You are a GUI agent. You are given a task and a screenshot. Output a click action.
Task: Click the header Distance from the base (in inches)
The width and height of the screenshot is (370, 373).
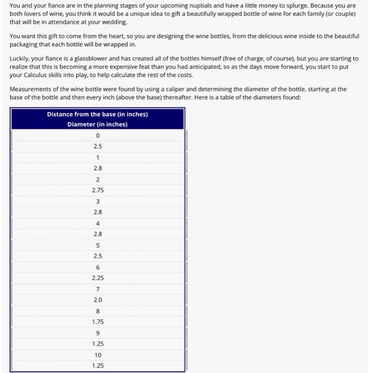click(98, 115)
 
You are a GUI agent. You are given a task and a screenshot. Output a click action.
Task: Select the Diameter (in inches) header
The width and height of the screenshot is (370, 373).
click(98, 124)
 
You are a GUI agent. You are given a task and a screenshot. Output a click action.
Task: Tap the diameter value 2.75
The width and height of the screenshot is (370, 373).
click(98, 190)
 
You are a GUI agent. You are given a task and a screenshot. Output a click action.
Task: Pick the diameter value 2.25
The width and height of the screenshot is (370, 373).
click(98, 278)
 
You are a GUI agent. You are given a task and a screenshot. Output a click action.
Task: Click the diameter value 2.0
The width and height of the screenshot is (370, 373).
click(98, 300)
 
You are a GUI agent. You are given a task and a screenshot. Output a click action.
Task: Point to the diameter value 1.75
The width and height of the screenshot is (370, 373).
click(98, 322)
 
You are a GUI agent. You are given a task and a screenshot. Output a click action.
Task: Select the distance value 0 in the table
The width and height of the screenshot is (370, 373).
click(98, 135)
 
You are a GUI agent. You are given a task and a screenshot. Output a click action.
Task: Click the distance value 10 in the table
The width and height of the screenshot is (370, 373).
click(98, 355)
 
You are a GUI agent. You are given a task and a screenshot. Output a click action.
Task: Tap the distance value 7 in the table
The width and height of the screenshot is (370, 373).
click(98, 289)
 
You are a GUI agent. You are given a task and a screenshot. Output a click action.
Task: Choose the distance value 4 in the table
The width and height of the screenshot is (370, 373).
click(98, 223)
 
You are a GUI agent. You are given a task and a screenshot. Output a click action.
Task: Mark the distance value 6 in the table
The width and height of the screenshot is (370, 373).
click(98, 267)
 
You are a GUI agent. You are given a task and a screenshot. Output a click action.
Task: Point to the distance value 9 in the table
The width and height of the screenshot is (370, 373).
click(98, 333)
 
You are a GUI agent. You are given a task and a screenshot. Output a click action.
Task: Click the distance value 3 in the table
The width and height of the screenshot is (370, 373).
click(98, 201)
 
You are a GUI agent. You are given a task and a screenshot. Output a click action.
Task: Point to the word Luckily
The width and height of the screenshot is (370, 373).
click(21, 59)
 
